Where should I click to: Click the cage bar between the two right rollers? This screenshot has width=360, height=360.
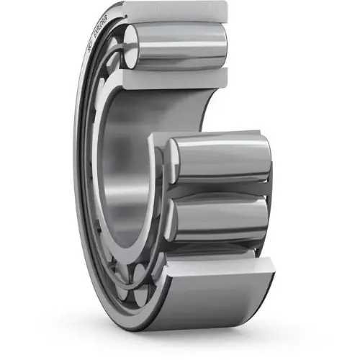[223, 189]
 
